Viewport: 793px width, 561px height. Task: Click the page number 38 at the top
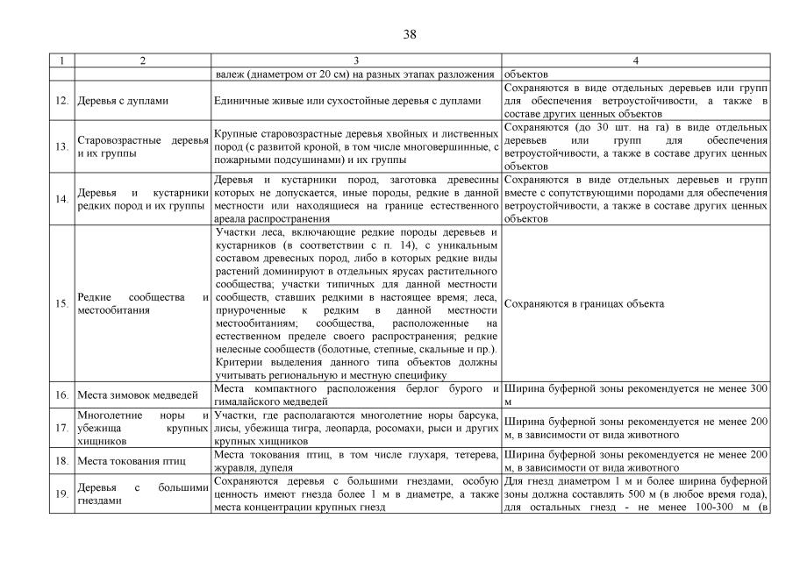click(x=409, y=34)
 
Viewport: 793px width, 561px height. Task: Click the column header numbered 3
click(x=357, y=61)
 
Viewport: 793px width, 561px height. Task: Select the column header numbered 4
click(x=636, y=61)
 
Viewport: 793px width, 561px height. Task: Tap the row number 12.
click(x=61, y=101)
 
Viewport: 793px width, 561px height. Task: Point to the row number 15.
click(x=61, y=303)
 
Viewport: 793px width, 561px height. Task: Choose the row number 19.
click(x=61, y=494)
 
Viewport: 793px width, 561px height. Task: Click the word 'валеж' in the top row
click(x=229, y=74)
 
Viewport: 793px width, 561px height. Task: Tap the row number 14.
click(x=61, y=199)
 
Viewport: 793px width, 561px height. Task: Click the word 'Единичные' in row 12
click(x=241, y=101)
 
